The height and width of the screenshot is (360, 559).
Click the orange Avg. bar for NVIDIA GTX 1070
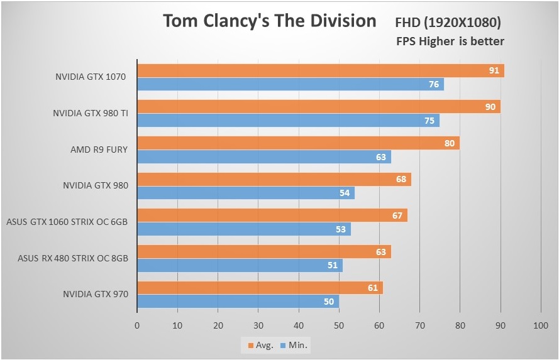(x=314, y=70)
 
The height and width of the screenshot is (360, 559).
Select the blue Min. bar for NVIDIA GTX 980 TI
(x=283, y=121)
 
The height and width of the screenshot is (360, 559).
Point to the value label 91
(x=494, y=70)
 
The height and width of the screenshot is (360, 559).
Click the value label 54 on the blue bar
(x=345, y=193)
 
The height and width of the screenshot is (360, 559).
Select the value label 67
(x=397, y=215)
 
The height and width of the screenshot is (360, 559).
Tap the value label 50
(x=329, y=302)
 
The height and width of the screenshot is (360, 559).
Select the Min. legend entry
(x=296, y=345)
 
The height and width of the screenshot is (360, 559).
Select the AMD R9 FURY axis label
(x=99, y=150)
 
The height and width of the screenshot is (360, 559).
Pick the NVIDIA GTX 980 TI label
(x=90, y=114)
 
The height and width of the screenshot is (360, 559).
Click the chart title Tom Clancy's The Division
(x=269, y=21)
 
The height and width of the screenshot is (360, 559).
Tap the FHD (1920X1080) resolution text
(x=448, y=23)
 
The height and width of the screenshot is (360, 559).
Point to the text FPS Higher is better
(x=450, y=41)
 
